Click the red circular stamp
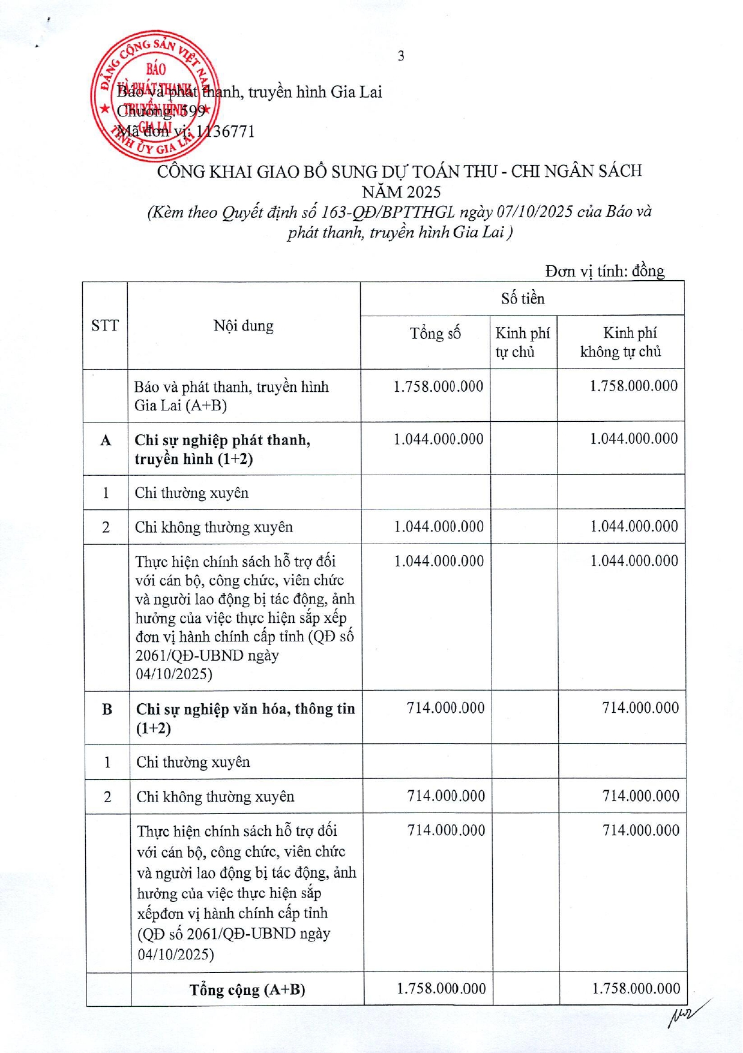pyautogui.click(x=155, y=96)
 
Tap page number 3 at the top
pyautogui.click(x=401, y=56)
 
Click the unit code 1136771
pyautogui.click(x=226, y=131)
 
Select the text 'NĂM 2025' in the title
pyautogui.click(x=401, y=192)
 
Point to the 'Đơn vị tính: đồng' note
pyautogui.click(x=604, y=271)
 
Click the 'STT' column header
pyautogui.click(x=105, y=326)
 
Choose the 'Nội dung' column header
pyautogui.click(x=243, y=326)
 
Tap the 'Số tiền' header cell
pyautogui.click(x=522, y=298)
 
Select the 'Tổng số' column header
pyautogui.click(x=435, y=334)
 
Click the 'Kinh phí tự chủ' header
pyautogui.click(x=523, y=342)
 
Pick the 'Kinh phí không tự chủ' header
pyautogui.click(x=621, y=342)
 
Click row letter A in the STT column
pyautogui.click(x=106, y=441)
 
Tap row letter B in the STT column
pyautogui.click(x=107, y=710)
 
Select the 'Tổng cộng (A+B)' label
pyautogui.click(x=247, y=990)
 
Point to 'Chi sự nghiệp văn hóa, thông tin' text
pyautogui.click(x=245, y=709)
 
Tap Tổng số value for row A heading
pyautogui.click(x=438, y=439)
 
